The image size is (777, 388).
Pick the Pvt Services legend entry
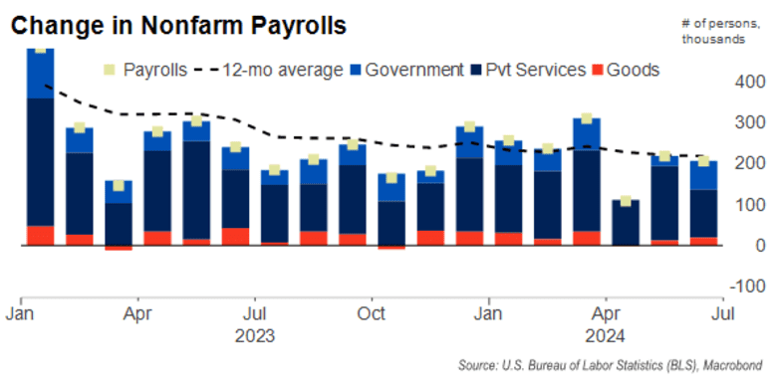[543, 70]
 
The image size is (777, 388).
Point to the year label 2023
[255, 334]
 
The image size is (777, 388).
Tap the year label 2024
[606, 334]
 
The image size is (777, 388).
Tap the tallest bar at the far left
[40, 149]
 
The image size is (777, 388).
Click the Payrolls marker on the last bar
[702, 161]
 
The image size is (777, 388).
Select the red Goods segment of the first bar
[40, 235]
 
